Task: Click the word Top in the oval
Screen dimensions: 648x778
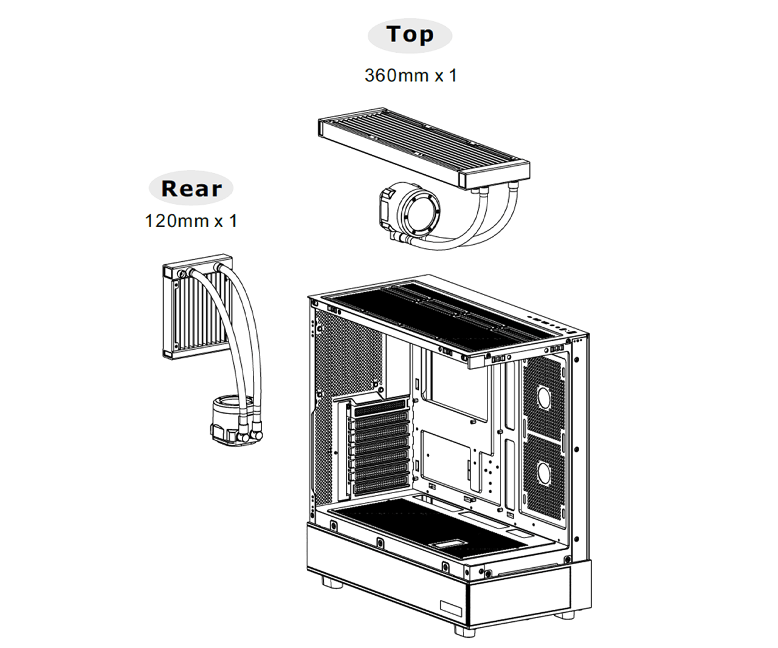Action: pos(410,35)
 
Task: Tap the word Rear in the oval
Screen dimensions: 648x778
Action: pos(191,188)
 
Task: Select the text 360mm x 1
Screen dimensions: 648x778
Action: pos(410,75)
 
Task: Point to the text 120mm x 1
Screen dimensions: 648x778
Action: pos(190,220)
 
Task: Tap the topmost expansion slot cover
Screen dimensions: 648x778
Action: pos(381,406)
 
